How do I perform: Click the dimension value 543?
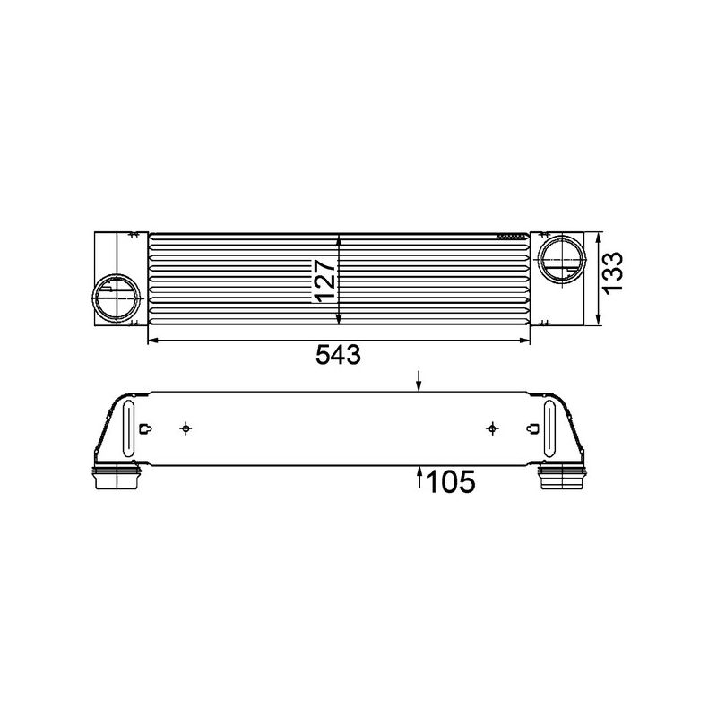tap(338, 356)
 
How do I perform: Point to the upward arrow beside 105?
tap(419, 476)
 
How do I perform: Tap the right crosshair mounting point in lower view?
tap(491, 428)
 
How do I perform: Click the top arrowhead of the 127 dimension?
tap(339, 240)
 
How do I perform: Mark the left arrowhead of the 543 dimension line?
tap(150, 341)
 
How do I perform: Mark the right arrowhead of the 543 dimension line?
tap(529, 341)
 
